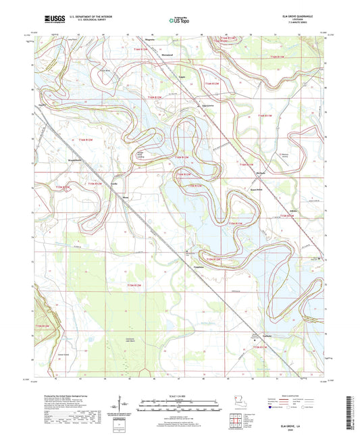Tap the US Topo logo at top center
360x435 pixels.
tap(180, 20)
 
